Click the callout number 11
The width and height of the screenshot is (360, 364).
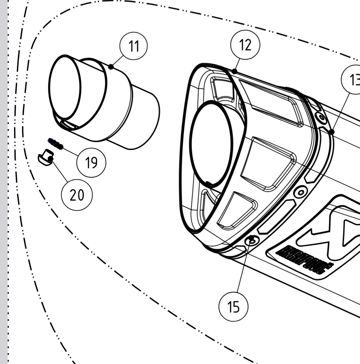pyautogui.click(x=133, y=46)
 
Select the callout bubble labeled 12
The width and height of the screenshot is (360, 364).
pyautogui.click(x=245, y=45)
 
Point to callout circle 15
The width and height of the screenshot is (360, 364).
pyautogui.click(x=234, y=307)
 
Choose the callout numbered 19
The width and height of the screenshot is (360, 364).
pyautogui.click(x=91, y=163)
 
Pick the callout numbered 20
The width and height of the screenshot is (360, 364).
pyautogui.click(x=77, y=195)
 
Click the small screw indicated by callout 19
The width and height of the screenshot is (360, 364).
pyautogui.click(x=55, y=144)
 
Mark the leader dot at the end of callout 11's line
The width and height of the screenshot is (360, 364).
pyautogui.click(x=111, y=67)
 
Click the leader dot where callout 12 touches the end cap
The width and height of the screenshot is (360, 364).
pyautogui.click(x=234, y=71)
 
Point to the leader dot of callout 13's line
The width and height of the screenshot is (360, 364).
pyautogui.click(x=332, y=132)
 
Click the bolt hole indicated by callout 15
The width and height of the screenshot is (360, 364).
pyautogui.click(x=252, y=240)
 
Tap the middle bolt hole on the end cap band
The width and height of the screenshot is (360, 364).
pyautogui.click(x=301, y=192)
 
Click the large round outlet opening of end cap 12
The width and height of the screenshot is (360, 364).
pyautogui.click(x=211, y=144)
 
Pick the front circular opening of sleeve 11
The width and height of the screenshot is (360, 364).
pyautogui.click(x=65, y=88)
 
